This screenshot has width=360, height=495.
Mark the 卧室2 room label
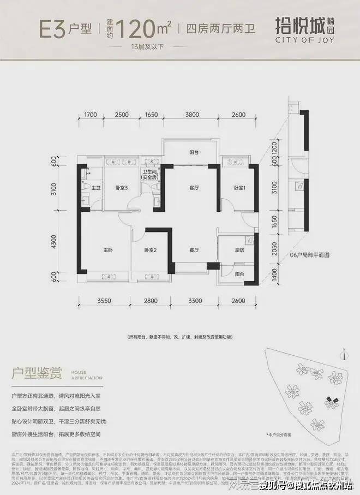(151, 250)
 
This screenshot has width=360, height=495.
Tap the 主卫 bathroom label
(96, 188)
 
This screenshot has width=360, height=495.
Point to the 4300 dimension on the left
(54, 242)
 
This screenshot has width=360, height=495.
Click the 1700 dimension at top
(91, 115)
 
